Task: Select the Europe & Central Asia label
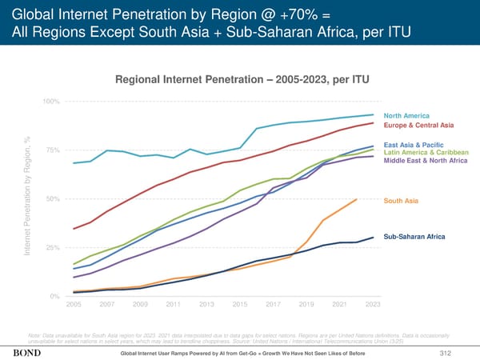click(x=419, y=126)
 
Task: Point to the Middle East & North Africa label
click(x=426, y=161)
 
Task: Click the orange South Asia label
click(x=402, y=200)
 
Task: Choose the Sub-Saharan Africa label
click(x=414, y=237)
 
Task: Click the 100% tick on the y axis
click(x=51, y=101)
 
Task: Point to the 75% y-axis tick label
click(x=53, y=150)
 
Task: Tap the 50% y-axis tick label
click(x=53, y=199)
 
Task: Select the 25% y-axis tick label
click(x=53, y=248)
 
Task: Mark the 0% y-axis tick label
click(x=55, y=297)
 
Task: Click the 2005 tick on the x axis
click(x=73, y=305)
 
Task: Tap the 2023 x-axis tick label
click(x=372, y=305)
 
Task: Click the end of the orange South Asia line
click(x=357, y=198)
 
